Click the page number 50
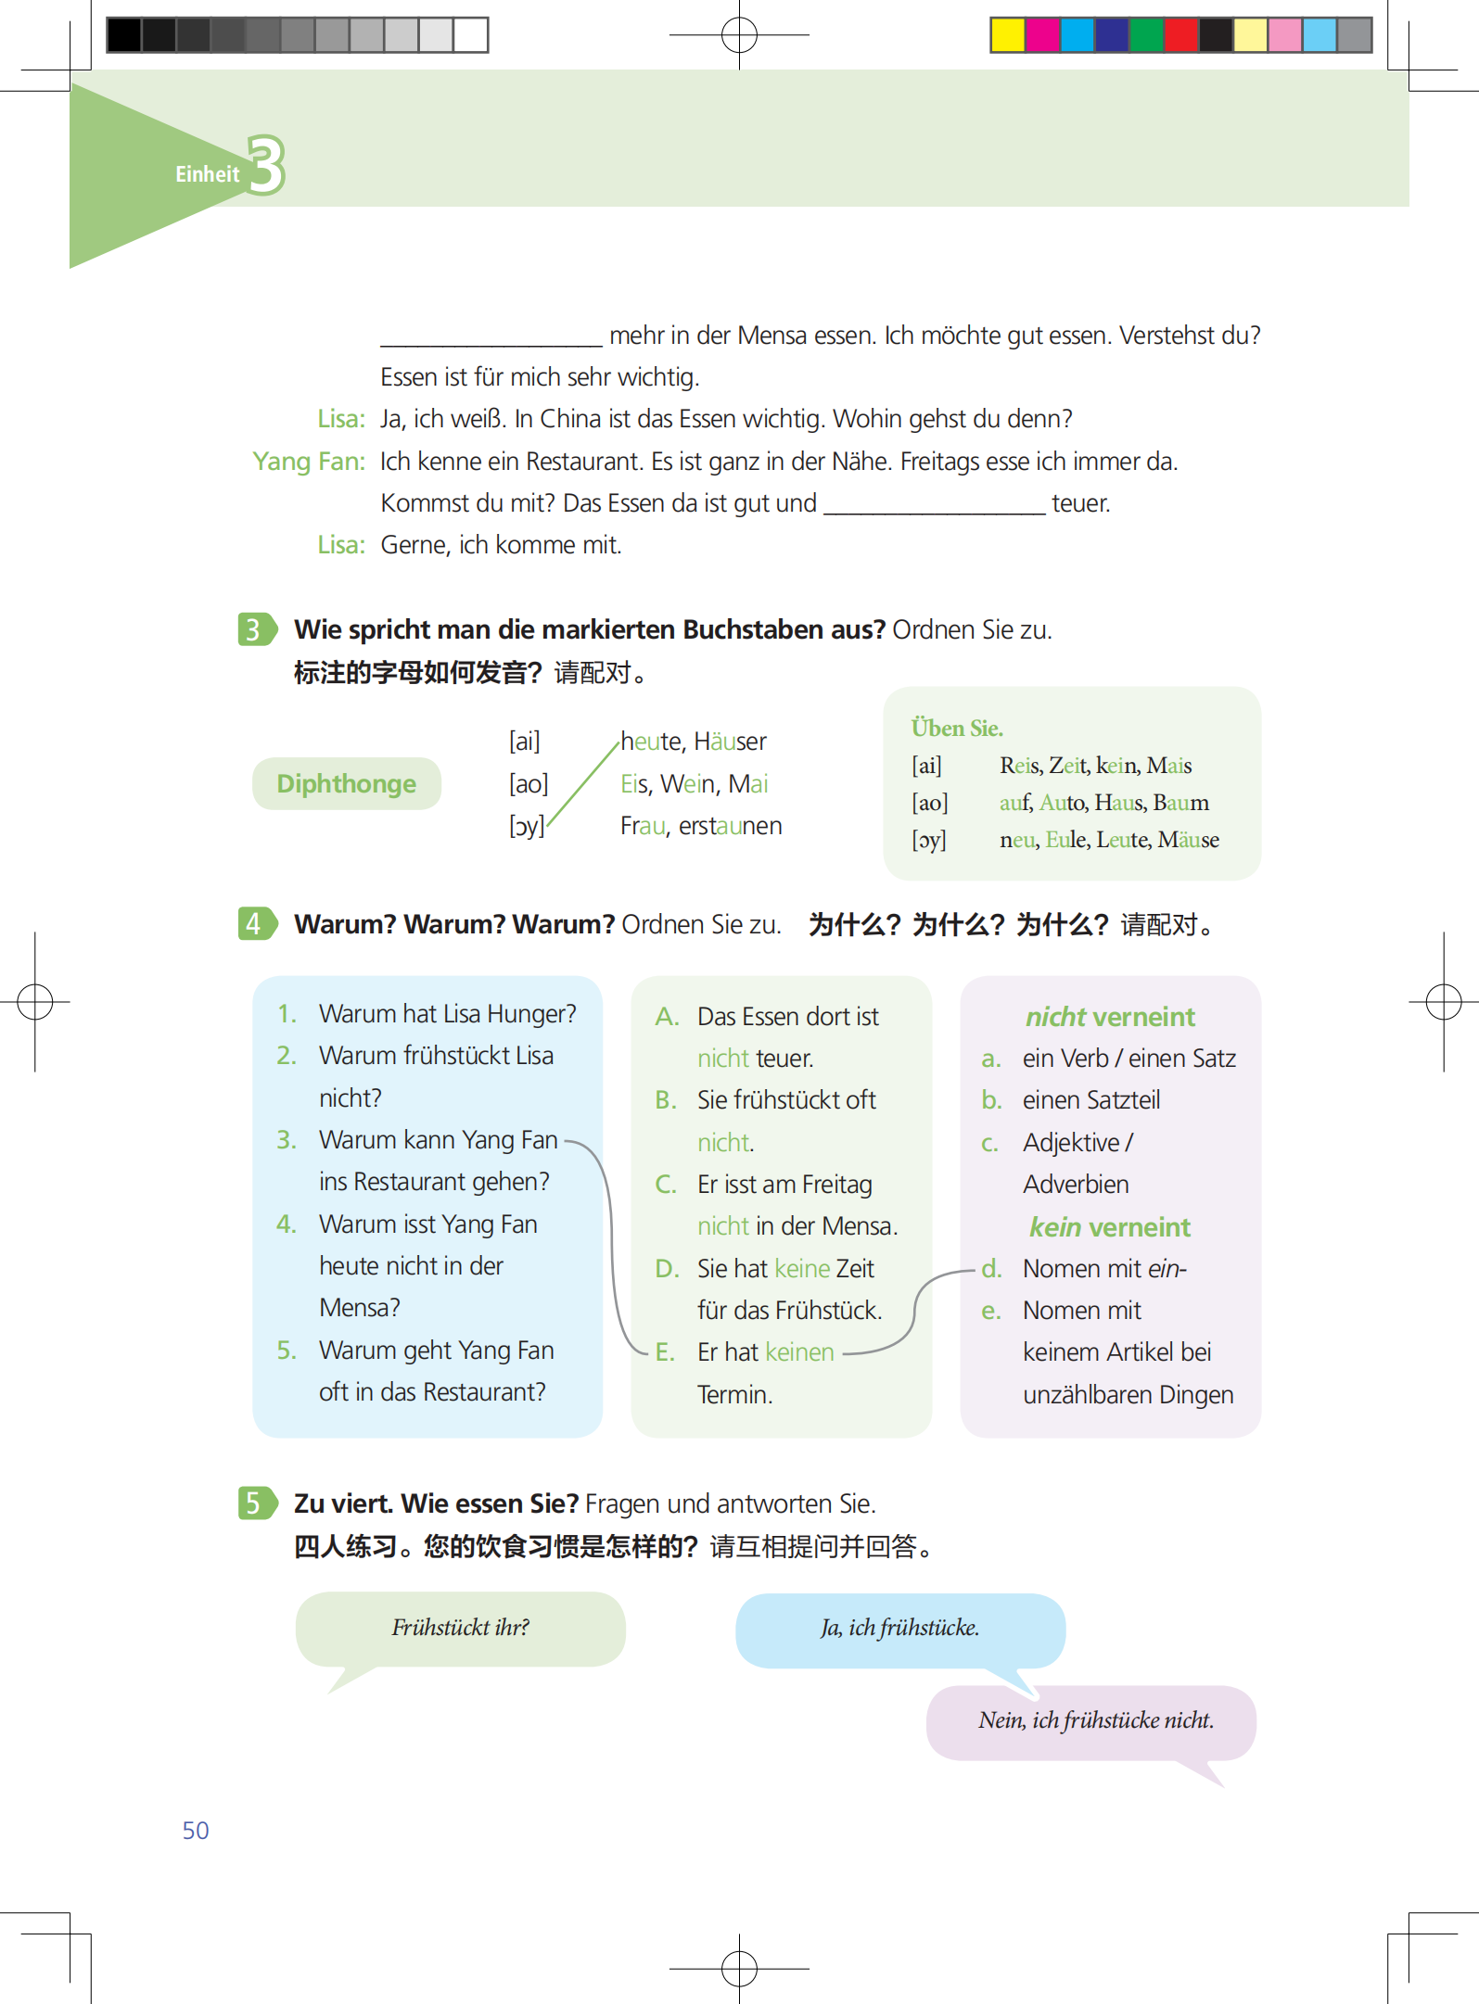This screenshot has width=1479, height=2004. click(196, 1830)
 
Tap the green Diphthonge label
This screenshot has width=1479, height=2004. click(346, 784)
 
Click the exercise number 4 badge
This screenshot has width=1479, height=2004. click(254, 923)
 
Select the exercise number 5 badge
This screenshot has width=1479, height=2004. click(254, 1503)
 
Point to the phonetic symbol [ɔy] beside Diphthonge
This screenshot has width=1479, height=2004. click(526, 826)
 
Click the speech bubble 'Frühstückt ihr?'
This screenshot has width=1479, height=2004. click(460, 1629)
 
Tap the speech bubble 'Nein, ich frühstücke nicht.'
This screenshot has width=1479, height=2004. click(1095, 1721)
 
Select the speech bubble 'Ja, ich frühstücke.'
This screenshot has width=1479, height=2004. click(899, 1629)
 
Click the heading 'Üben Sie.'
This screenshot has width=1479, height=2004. click(957, 729)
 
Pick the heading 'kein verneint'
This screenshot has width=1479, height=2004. click(1109, 1227)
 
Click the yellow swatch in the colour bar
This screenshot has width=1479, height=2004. click(1007, 35)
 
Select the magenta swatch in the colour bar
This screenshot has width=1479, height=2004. click(1042, 35)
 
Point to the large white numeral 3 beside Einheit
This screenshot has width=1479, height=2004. click(266, 165)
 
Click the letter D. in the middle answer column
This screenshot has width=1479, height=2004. click(667, 1268)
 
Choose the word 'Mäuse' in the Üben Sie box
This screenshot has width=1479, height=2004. click(1188, 840)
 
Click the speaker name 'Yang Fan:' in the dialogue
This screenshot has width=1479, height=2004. click(309, 462)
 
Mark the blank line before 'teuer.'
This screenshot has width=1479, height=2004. click(934, 506)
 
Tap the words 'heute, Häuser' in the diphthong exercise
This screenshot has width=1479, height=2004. click(693, 742)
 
